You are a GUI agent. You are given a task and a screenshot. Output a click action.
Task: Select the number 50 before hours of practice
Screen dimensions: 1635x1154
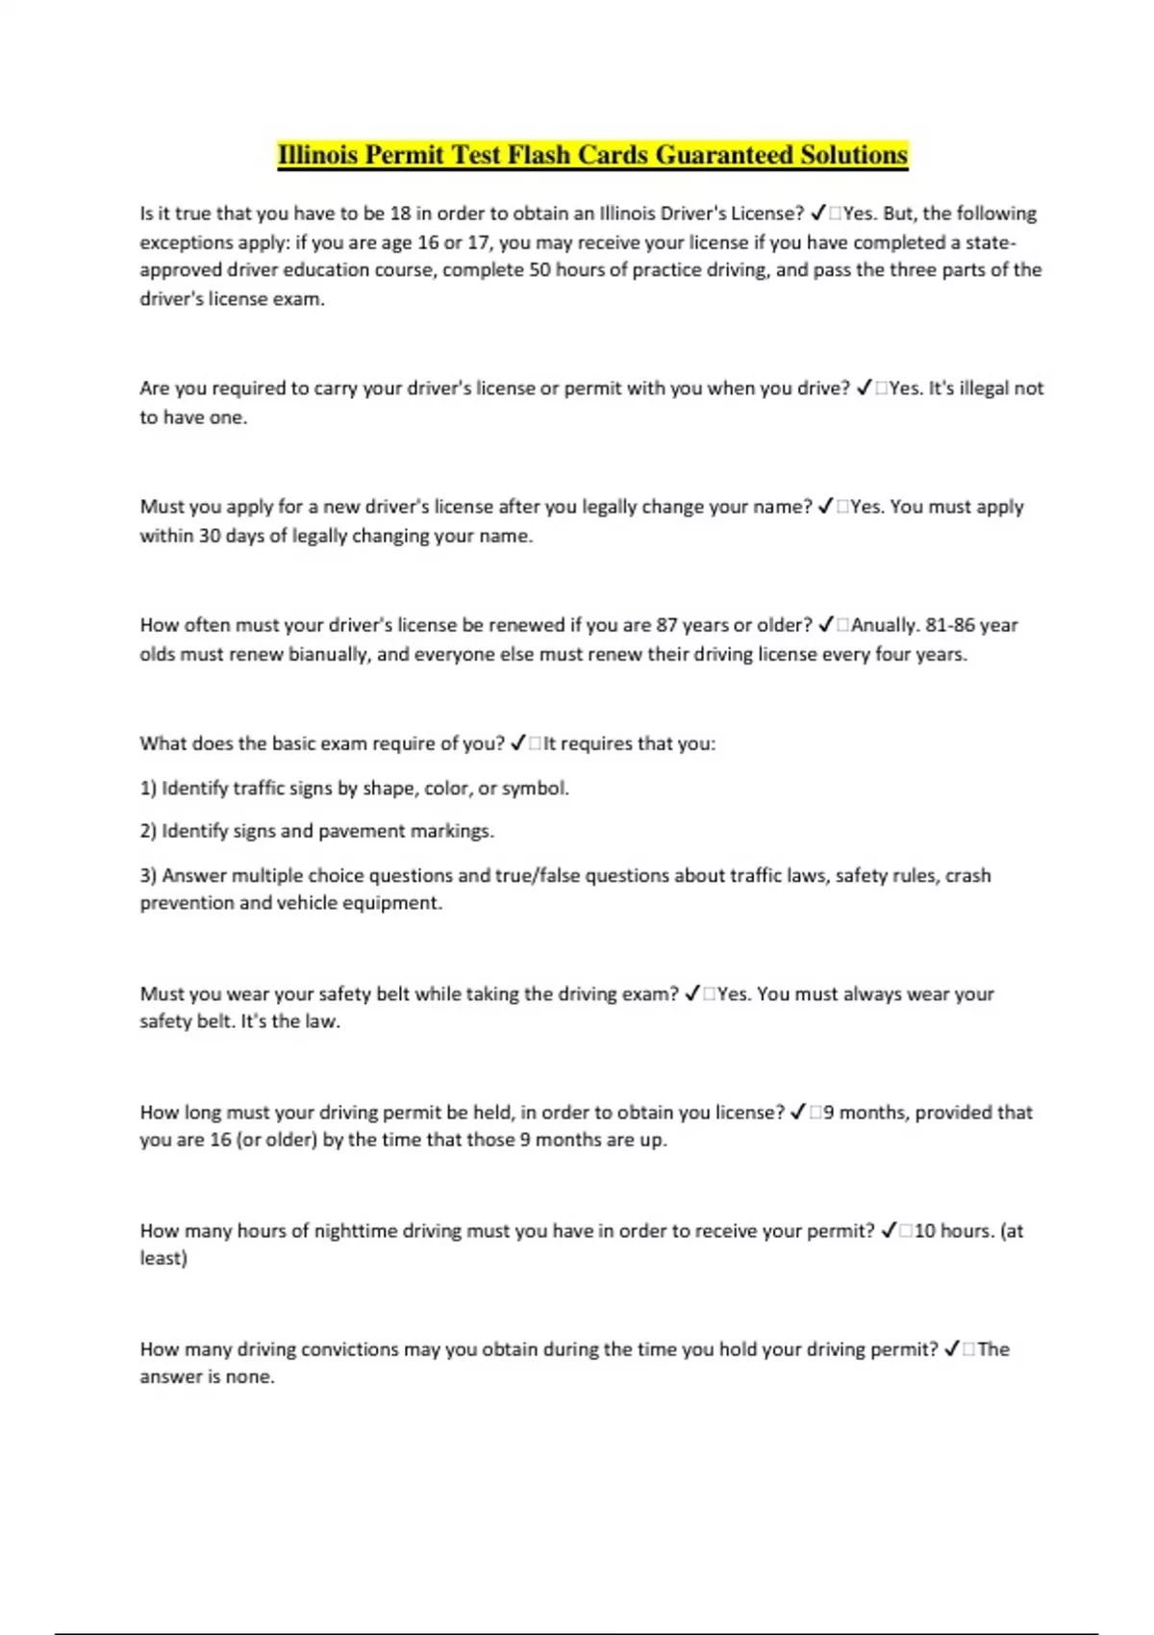(x=539, y=269)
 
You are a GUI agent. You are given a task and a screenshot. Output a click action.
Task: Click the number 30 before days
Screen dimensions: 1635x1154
(x=210, y=535)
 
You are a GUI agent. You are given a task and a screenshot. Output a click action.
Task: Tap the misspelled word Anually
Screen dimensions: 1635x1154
(x=883, y=624)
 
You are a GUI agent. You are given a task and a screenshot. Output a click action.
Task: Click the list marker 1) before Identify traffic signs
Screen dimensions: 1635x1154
(x=148, y=788)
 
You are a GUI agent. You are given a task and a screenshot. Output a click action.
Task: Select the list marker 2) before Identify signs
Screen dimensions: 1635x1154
(x=148, y=830)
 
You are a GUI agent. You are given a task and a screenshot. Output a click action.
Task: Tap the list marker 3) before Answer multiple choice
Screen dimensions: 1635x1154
(x=148, y=875)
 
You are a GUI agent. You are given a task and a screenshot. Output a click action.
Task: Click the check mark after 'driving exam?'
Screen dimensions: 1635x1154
(x=692, y=994)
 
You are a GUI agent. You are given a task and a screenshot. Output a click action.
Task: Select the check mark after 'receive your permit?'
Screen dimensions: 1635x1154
(x=890, y=1230)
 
